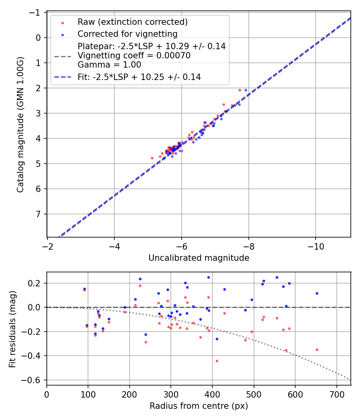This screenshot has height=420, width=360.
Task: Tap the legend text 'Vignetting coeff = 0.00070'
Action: point(134,56)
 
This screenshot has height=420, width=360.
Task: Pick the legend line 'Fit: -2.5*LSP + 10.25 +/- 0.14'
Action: point(139,77)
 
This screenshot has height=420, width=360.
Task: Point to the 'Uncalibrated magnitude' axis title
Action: point(199,258)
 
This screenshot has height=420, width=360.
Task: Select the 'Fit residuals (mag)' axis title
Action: point(12,328)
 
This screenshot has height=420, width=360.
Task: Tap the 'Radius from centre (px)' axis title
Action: point(199,406)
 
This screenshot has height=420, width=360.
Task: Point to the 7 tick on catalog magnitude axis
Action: point(39,214)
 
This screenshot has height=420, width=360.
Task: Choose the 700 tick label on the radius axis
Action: point(336,394)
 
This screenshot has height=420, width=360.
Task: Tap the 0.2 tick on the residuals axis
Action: point(38,283)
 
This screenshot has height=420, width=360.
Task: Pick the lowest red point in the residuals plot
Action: point(217,361)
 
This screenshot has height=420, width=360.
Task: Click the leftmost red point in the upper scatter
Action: point(152,158)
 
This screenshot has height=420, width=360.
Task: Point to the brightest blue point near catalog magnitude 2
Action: point(246,90)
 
